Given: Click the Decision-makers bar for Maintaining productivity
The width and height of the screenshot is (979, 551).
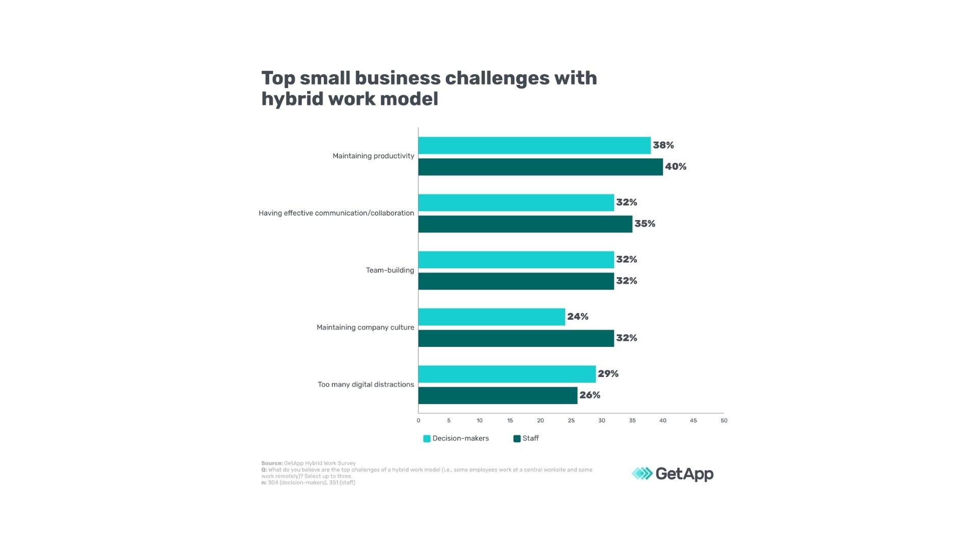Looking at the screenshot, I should pos(534,145).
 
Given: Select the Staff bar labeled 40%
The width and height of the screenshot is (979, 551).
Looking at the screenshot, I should pos(540,167).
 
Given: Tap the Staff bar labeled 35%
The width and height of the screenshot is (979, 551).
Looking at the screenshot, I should pos(525,224).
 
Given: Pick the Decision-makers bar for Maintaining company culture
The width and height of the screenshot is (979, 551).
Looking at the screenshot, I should pos(492,317).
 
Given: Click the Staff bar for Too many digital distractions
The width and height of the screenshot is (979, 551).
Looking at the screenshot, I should pos(498,395).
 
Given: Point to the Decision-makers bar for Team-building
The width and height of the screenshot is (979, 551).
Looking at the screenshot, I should pos(516,260).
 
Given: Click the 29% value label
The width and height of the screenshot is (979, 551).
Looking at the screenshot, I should pos(608,374).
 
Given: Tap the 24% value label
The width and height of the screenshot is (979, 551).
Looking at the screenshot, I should pos(578,317).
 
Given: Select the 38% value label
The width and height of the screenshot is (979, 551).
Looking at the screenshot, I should pos(663,145).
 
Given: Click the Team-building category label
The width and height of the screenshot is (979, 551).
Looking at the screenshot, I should pos(390,270).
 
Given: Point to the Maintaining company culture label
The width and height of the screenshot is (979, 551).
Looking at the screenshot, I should pos(365,328).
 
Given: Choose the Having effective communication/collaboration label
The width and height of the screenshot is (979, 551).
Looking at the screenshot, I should pos(336,213).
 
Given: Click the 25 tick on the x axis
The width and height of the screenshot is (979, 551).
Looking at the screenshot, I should pos(571,421).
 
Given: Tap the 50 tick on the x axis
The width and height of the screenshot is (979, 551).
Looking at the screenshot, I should pos(724,421).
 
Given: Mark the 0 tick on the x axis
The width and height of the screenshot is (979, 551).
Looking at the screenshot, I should pos(419,421).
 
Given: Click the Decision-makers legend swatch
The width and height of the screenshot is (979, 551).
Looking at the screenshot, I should pos(427,439).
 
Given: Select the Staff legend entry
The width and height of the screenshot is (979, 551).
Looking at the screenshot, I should pos(526,439).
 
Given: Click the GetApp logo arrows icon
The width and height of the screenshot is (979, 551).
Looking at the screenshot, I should pos(642,474).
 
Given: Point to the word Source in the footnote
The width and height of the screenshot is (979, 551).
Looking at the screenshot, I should pos(271,464).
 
